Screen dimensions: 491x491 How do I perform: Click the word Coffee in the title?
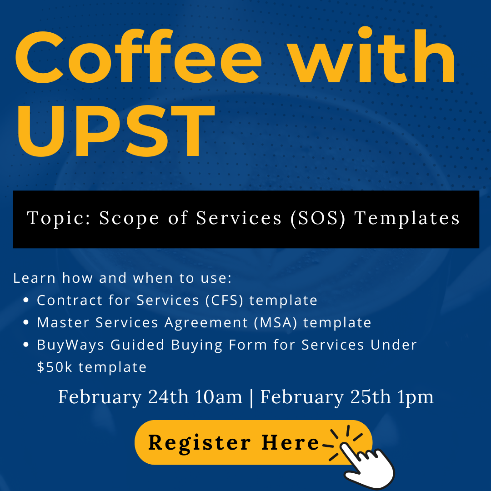click(138, 56)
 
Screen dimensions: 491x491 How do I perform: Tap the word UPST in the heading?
click(116, 131)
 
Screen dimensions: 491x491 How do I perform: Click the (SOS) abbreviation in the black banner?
click(318, 218)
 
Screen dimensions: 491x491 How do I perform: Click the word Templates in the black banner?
click(407, 218)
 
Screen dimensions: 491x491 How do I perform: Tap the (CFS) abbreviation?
click(224, 301)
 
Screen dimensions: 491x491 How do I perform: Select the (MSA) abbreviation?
click(275, 322)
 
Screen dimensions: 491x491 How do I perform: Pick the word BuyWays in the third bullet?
click(70, 345)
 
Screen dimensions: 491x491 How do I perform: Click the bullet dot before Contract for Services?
click(26, 300)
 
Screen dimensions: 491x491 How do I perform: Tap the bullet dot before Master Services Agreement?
click(26, 322)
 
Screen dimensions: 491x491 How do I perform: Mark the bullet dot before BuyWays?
click(26, 345)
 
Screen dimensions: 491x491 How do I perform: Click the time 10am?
click(219, 397)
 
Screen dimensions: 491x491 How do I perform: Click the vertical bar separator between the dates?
click(251, 398)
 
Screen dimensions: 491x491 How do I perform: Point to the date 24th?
click(168, 397)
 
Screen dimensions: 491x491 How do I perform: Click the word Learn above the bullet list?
click(35, 278)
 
